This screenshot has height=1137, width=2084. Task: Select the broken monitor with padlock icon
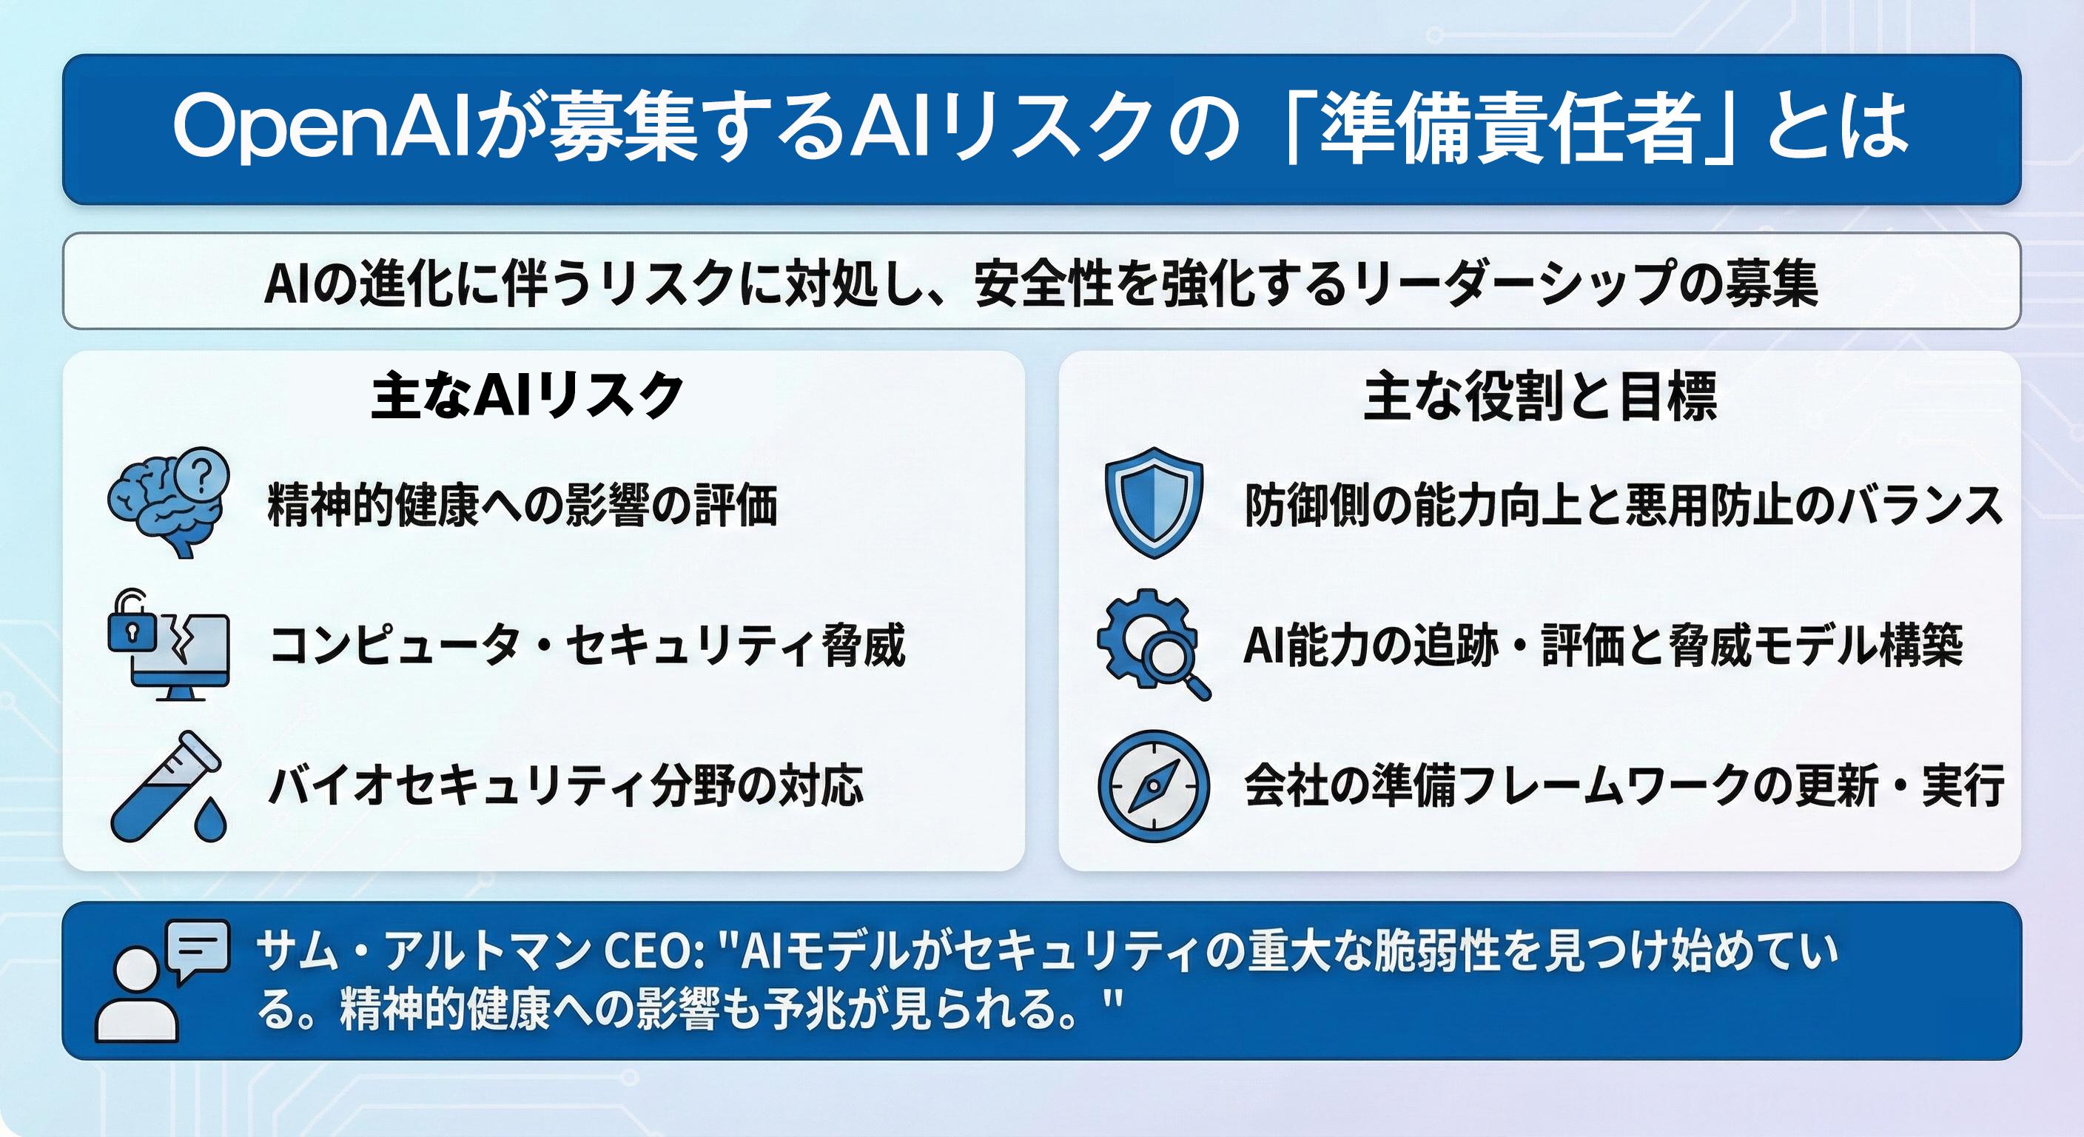pos(168,644)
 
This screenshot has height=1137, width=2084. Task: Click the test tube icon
pos(168,787)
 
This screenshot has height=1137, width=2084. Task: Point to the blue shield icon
pos(1154,502)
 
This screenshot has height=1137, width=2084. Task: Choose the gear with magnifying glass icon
pos(1154,644)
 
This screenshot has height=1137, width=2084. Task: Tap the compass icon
pos(1154,787)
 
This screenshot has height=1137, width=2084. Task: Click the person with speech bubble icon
pos(162,981)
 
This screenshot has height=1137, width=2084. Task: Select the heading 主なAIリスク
pos(528,396)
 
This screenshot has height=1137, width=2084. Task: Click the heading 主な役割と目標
pos(1539,397)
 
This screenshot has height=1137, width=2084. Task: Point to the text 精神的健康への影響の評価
pos(522,504)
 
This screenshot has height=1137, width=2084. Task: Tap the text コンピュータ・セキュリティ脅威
pos(588,645)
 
